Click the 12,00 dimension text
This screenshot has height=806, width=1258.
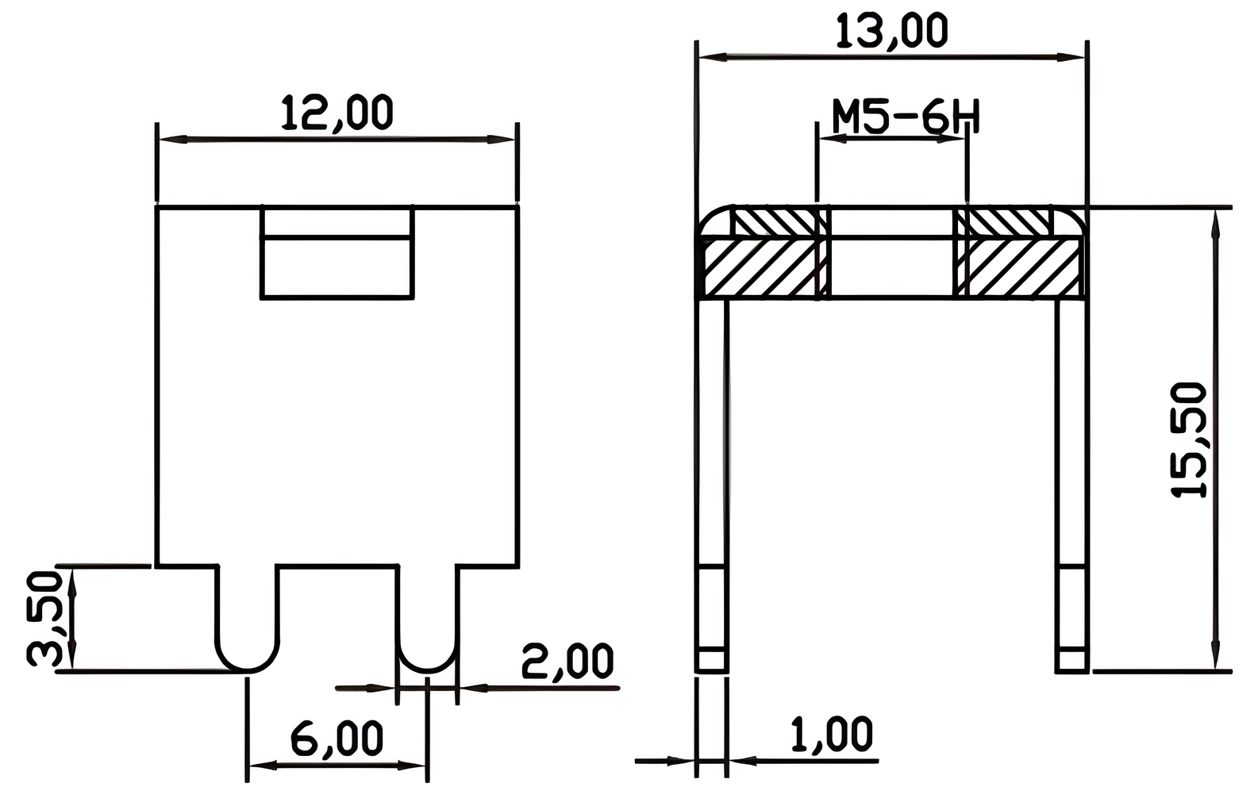coord(337,113)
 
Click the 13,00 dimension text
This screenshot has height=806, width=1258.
coord(891,31)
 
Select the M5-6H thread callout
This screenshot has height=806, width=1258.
coord(905,117)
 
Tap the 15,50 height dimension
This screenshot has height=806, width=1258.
coord(1190,440)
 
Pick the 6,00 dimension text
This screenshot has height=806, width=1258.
coord(337,739)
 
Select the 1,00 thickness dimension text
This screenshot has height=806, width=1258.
coord(832,735)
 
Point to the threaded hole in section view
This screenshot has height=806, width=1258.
coord(891,254)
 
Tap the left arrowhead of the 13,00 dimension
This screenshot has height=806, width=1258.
coord(709,56)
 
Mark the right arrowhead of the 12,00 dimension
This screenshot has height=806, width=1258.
coord(503,140)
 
